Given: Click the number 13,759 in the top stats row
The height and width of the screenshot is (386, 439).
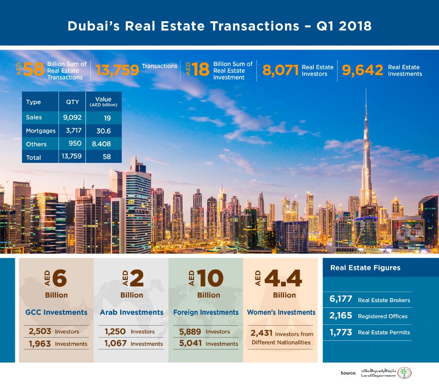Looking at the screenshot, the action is [117, 70].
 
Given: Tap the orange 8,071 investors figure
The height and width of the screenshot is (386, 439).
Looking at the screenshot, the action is [281, 70].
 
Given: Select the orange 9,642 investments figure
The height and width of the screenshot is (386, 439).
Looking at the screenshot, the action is [363, 70].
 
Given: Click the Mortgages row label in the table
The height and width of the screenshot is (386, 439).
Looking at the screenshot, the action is [41, 131].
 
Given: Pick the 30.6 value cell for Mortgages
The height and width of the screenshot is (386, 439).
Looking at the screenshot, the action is [104, 131].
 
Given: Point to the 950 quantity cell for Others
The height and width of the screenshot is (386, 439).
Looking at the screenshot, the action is [75, 144].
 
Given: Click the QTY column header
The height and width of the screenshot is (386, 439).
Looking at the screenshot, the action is [72, 102].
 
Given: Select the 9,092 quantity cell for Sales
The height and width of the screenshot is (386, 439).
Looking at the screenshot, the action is [72, 117].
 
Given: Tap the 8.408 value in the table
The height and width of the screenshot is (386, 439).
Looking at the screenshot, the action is [101, 144].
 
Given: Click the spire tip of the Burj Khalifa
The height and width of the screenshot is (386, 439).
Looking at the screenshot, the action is [366, 89].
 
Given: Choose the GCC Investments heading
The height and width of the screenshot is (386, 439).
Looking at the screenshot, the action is [56, 312].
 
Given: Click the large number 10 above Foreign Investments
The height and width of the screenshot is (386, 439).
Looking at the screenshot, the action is [211, 278].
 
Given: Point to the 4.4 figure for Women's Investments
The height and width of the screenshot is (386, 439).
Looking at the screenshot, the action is [283, 278].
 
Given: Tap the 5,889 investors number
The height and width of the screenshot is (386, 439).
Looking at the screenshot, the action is [190, 332].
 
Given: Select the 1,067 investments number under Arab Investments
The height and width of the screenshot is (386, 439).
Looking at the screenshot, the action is [115, 343].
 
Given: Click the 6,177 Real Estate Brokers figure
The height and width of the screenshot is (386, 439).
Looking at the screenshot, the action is [341, 299].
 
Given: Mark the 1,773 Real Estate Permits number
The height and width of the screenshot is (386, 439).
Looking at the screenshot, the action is [341, 332].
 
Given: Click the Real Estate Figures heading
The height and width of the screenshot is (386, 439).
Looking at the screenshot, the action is [366, 268].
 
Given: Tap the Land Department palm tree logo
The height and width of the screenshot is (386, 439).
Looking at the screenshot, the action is [405, 373].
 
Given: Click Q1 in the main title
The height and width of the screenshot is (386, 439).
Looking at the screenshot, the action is [325, 26].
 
